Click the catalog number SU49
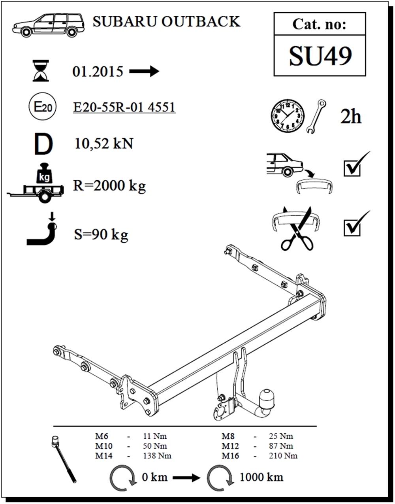pos(320,56)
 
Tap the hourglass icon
pos(41,71)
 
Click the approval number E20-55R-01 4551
pos(124,107)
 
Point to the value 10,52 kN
pos(104,143)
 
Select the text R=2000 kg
pos(109,185)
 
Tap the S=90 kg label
pos(101,235)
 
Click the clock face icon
pos(288,116)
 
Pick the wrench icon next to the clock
pos(316,116)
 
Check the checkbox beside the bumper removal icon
pos(352,168)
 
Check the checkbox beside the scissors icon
pos(352,228)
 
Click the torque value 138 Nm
pos(157,456)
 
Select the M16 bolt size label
pos(230,456)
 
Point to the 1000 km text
pos(261,477)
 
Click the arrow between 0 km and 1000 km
pos(186,478)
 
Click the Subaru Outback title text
pos(166,21)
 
